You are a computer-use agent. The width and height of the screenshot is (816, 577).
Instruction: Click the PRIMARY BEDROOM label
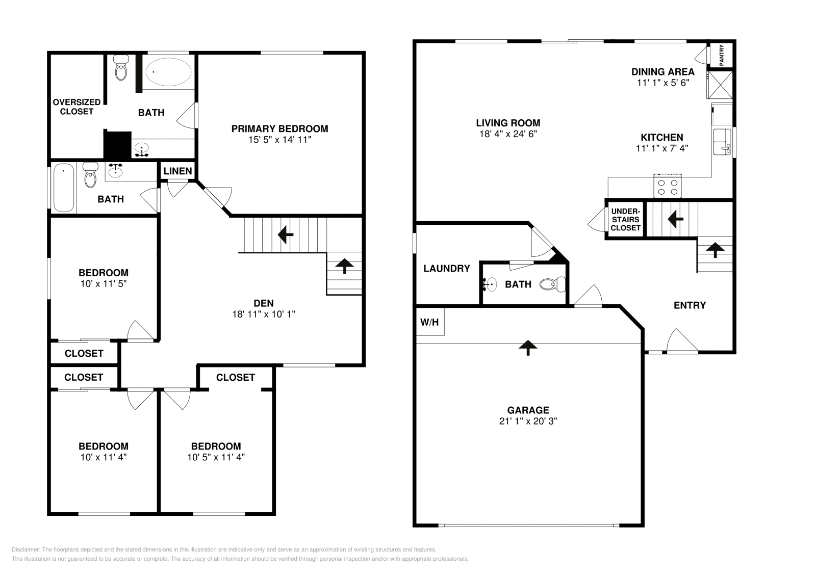tap(279, 128)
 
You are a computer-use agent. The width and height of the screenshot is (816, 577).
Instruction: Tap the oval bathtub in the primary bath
tap(168, 72)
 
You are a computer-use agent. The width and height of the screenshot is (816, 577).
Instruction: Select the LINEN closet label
tap(177, 171)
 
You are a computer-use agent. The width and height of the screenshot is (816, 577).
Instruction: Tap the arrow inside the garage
tap(528, 348)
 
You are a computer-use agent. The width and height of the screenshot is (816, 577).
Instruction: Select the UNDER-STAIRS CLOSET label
tap(625, 219)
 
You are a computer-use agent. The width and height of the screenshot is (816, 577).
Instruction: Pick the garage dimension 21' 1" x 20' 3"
tap(528, 421)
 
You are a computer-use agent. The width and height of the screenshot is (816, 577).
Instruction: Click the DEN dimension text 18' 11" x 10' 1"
tap(264, 314)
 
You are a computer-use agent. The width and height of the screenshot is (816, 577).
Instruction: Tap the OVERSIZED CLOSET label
tap(76, 107)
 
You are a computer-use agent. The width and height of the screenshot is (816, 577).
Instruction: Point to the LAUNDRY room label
tap(446, 269)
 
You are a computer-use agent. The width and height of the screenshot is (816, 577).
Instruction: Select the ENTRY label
tap(690, 305)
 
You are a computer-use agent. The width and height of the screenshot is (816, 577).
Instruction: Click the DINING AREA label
tap(662, 72)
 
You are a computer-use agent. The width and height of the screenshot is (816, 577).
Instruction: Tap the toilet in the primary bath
tap(121, 69)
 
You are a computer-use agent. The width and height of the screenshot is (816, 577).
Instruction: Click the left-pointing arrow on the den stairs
tap(285, 235)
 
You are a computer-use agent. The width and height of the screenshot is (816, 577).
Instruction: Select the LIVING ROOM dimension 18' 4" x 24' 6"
tap(508, 134)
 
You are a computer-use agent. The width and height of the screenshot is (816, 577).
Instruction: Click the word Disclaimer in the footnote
tap(25, 549)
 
